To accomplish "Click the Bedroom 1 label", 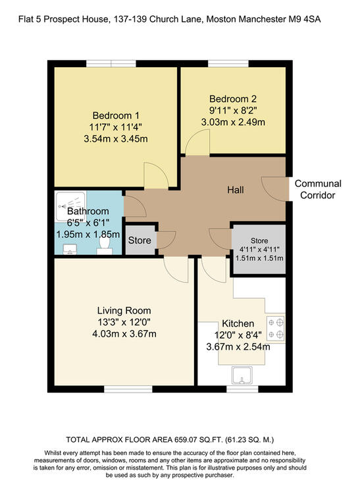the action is [x=116, y=116].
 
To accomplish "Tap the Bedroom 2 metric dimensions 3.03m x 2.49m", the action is [x=233, y=123].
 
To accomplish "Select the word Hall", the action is [x=236, y=190].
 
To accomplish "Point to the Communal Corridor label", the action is [x=318, y=189].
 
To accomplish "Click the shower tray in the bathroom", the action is [x=70, y=206].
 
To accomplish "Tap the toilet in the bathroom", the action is [x=105, y=246].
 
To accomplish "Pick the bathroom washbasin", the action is [x=70, y=249].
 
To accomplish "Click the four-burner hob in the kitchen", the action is [x=276, y=328].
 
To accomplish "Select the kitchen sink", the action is [x=242, y=375].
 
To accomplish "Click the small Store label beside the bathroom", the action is [x=140, y=240].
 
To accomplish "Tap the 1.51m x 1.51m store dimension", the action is [x=259, y=258].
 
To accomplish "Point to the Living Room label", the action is [x=124, y=311].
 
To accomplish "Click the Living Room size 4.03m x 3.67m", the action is [x=124, y=334].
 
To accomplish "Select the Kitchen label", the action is [x=238, y=323].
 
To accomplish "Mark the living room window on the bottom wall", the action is [x=128, y=389].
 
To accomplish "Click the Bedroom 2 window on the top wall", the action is [x=228, y=64].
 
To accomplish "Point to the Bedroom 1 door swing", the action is [x=157, y=175].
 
